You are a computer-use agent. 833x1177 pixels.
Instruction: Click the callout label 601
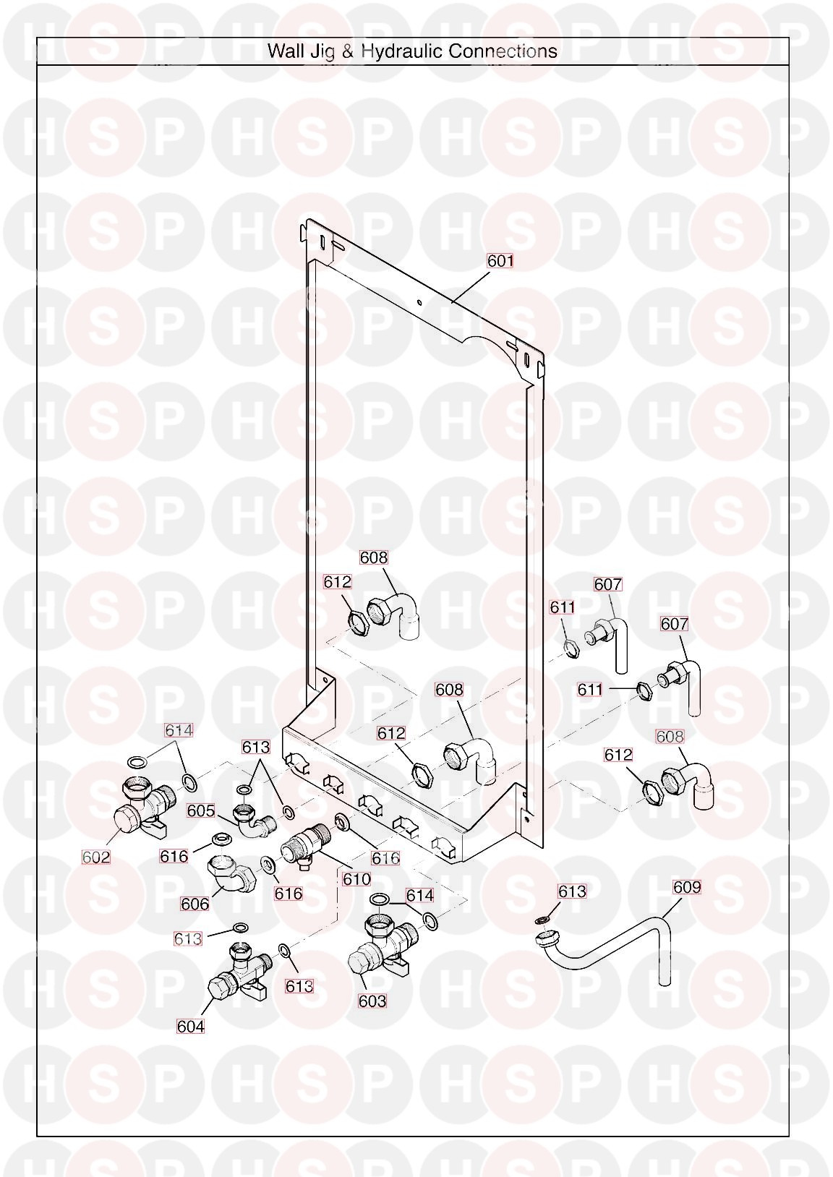tap(500, 260)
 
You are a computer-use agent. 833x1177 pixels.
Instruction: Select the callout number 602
tap(96, 857)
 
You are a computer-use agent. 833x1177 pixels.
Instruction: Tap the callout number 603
tap(372, 1001)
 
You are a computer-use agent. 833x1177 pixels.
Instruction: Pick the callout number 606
tap(195, 904)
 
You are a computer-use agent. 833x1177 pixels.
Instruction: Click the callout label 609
tap(687, 887)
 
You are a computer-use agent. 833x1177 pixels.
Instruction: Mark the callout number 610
tap(357, 878)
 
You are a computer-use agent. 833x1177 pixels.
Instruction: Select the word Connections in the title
tap(503, 51)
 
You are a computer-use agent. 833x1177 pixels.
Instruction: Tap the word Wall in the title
tap(286, 51)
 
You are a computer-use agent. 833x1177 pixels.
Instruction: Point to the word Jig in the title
tap(322, 52)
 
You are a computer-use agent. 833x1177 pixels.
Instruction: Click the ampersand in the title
tap(348, 51)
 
